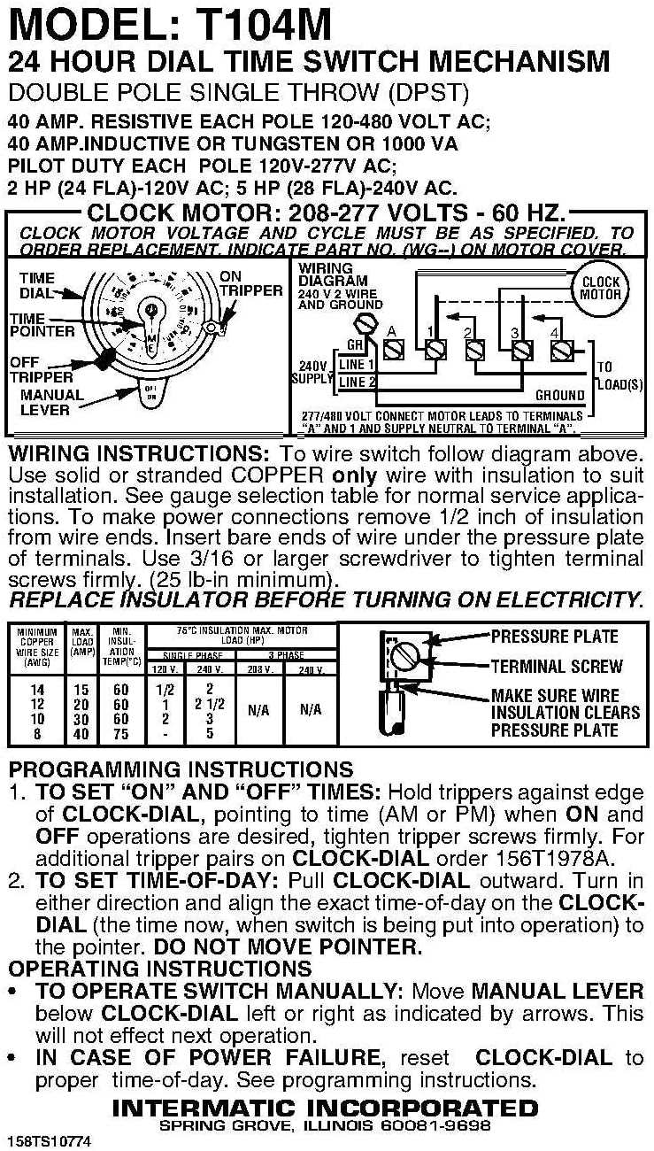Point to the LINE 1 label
click(358, 364)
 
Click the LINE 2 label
click(358, 382)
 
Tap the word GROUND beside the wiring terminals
click(559, 396)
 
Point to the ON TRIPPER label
click(250, 283)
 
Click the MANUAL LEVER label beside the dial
click(51, 402)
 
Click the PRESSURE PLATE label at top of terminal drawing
click(554, 637)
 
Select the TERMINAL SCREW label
click(557, 666)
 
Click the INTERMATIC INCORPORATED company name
click(326, 1108)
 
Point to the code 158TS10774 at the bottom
click(49, 1139)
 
